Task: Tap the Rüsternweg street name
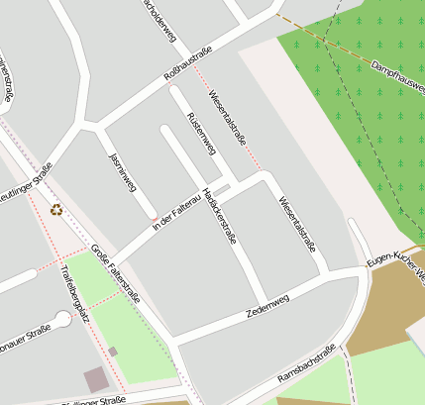click(201, 133)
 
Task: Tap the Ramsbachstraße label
click(307, 363)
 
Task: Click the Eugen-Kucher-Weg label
click(394, 259)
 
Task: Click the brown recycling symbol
click(56, 209)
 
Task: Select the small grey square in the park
click(113, 352)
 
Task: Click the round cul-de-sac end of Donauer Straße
click(64, 319)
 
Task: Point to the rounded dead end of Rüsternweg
click(176, 92)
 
